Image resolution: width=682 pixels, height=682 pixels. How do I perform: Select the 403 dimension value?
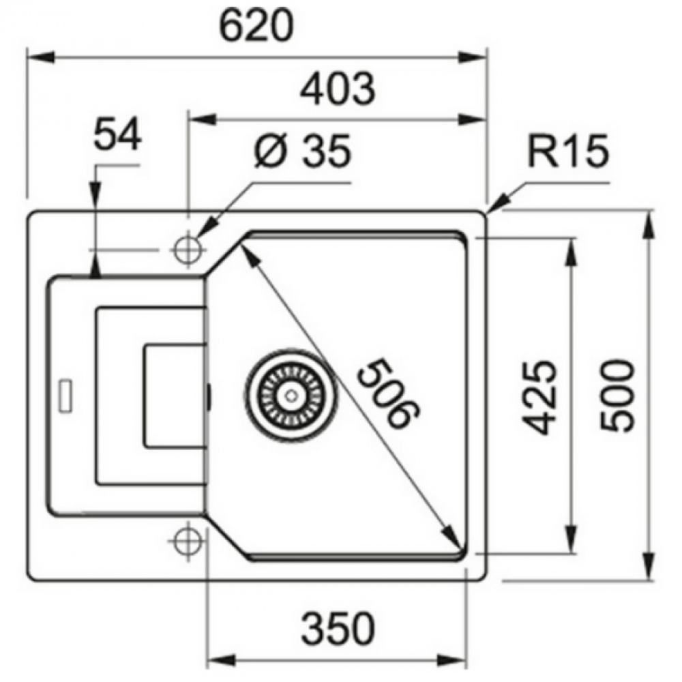point(338,87)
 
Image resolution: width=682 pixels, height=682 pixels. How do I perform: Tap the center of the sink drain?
point(291,395)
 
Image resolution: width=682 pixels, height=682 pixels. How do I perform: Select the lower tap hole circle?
point(186,542)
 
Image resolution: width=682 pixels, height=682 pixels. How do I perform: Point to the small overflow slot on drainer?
point(69,395)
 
